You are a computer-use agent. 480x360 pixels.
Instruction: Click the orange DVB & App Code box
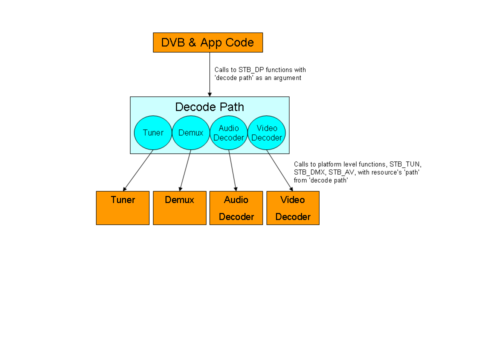[x=207, y=42]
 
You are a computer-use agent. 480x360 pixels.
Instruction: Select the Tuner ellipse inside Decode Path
[x=153, y=132]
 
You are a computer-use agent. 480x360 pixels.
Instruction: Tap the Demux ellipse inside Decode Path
[x=191, y=132]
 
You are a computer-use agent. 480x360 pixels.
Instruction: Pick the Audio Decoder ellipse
[x=229, y=132]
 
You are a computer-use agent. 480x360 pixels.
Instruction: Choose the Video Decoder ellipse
[x=266, y=132]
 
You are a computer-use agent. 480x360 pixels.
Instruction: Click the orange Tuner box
[x=122, y=208]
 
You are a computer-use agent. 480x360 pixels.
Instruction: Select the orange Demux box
[x=179, y=208]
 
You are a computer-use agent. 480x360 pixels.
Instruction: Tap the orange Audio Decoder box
[x=236, y=208]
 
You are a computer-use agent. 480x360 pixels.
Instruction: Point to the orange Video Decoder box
[x=292, y=208]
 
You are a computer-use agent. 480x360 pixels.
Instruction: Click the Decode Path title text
[x=209, y=107]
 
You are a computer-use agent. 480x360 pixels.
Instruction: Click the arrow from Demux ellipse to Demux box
[x=185, y=170]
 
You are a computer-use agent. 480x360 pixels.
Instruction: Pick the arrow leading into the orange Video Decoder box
[x=279, y=170]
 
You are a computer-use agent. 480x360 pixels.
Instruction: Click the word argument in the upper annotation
[x=287, y=78]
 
